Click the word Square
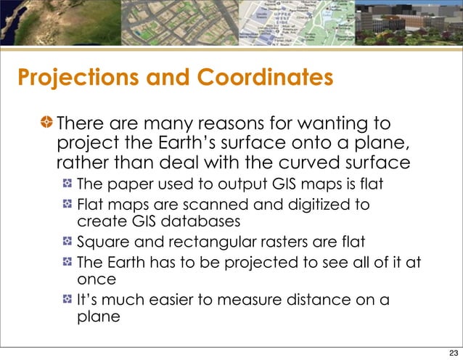point(102,240)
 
